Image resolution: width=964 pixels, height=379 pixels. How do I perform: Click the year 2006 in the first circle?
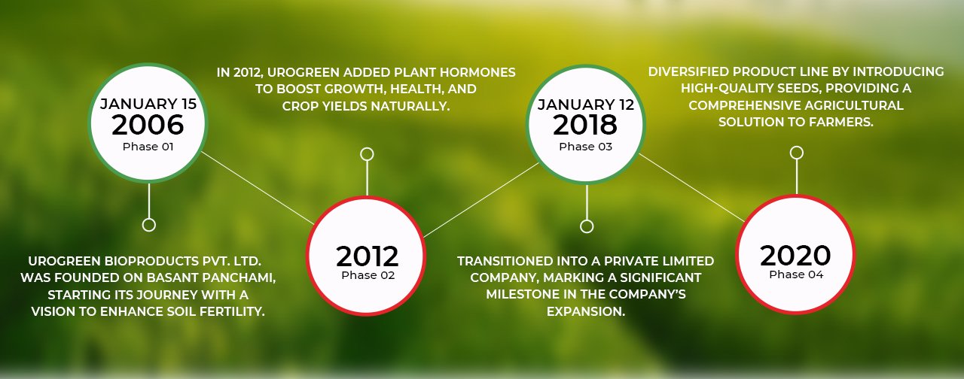148,125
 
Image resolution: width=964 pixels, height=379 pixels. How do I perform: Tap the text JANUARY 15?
148,104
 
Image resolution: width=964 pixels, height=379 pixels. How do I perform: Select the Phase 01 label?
148,147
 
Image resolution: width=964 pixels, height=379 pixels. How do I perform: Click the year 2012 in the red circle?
367,256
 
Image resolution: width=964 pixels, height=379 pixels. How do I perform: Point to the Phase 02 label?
368,275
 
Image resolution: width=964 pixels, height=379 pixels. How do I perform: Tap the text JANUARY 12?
586,105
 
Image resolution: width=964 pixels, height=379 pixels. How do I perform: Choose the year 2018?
585,125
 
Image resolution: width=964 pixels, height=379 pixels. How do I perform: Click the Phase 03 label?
585,147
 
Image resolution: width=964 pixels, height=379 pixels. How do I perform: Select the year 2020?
795,256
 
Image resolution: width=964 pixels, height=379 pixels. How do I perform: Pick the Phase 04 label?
796,274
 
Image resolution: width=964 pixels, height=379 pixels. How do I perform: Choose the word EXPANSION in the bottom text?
586,311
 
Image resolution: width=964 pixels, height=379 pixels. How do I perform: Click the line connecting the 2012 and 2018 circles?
481,200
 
